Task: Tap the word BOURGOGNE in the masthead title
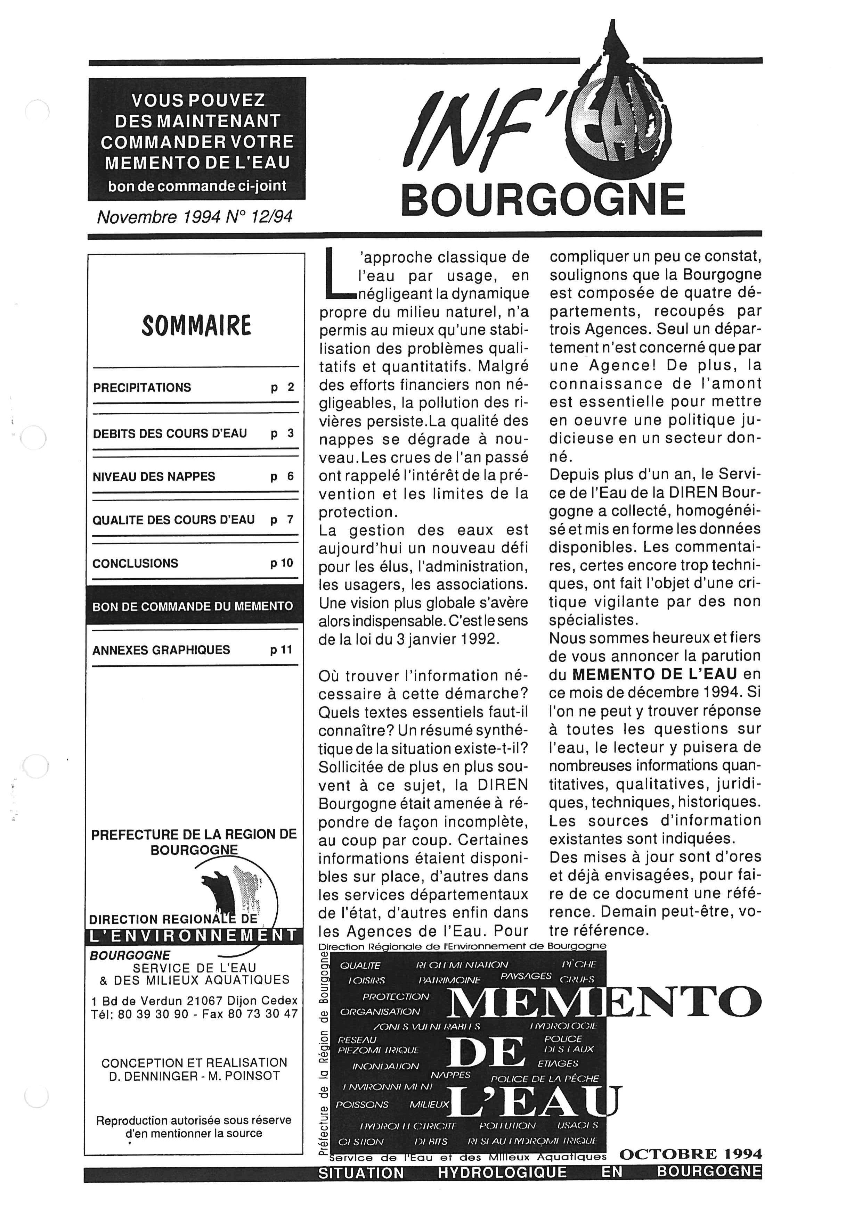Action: (x=543, y=200)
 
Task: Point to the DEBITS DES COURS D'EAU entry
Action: (x=170, y=433)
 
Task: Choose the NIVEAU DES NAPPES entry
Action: (x=154, y=477)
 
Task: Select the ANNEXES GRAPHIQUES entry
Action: (x=161, y=650)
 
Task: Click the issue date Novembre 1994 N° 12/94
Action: (x=194, y=217)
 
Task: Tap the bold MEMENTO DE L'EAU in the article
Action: (x=654, y=674)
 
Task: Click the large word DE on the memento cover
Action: (x=486, y=1053)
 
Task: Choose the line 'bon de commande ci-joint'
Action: (x=197, y=186)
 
